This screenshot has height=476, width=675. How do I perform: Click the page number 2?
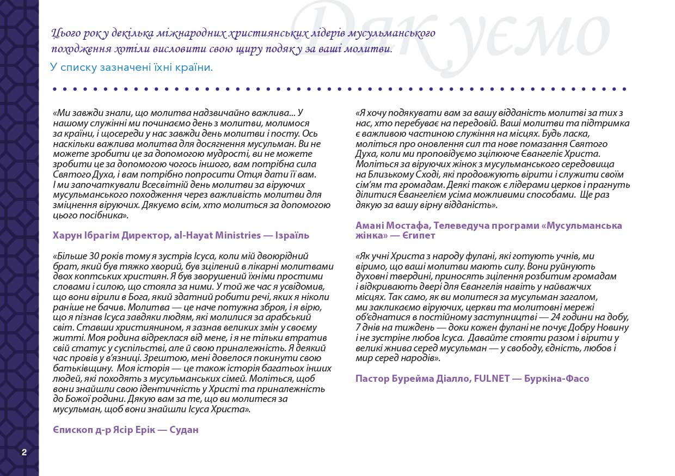24,451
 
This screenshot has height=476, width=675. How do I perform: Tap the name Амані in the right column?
370,225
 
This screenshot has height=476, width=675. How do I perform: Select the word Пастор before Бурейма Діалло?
372,378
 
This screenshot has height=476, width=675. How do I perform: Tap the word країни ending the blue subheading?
194,68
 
